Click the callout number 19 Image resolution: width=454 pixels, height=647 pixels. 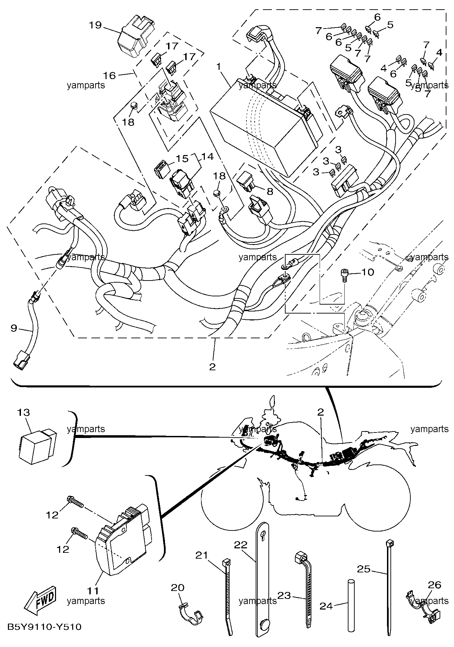96,25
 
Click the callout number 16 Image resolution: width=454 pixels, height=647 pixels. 110,75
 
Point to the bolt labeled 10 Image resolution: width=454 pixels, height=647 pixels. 345,275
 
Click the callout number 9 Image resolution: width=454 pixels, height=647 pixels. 14,328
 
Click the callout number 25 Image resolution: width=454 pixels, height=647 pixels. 364,569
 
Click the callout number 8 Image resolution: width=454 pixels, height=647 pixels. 270,191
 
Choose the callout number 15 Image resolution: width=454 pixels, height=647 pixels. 182,158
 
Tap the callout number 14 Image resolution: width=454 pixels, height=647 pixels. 207,156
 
